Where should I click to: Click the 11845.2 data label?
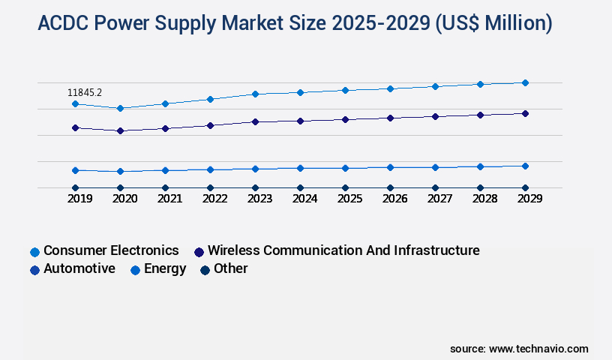click(85, 92)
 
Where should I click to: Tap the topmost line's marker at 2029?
click(525, 82)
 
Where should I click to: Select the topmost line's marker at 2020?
click(120, 108)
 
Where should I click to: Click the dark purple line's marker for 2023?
click(255, 121)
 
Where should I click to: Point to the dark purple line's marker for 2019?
click(75, 127)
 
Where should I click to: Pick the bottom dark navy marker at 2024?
click(300, 187)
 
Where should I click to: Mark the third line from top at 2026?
click(390, 167)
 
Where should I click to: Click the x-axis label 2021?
click(169, 199)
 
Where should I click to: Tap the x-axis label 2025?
click(349, 199)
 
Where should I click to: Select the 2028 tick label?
click(484, 199)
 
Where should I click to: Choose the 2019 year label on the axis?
click(79, 199)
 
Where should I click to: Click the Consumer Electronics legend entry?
click(111, 250)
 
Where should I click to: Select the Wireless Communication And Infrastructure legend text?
click(343, 250)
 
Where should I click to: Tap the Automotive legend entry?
click(79, 268)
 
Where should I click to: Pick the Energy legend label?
click(165, 268)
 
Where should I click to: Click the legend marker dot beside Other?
click(204, 269)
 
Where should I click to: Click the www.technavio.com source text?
click(538, 349)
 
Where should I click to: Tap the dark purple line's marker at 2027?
click(435, 116)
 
